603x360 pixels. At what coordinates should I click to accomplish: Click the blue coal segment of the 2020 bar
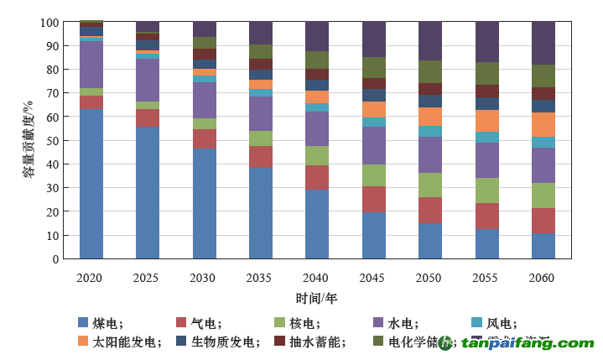(91, 183)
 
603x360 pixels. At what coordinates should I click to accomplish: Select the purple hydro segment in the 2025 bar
(148, 80)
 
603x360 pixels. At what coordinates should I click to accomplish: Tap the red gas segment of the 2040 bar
(317, 177)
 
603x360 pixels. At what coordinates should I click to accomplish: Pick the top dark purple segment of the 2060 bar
(543, 43)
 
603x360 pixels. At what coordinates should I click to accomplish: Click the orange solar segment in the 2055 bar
(487, 121)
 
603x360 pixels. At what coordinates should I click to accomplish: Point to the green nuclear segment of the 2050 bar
(430, 185)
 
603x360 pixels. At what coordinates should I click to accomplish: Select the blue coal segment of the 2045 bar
(374, 235)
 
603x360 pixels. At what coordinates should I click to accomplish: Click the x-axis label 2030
(204, 277)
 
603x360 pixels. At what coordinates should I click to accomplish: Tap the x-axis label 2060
(543, 277)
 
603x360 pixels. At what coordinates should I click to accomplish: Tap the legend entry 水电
(403, 323)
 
